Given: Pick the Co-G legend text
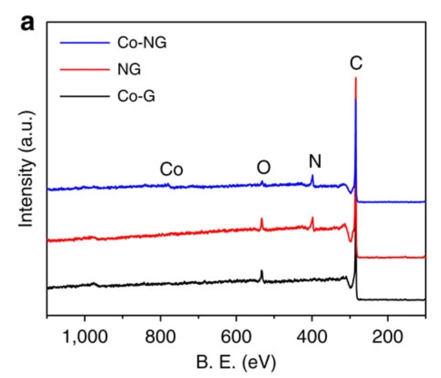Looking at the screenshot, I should [x=136, y=96].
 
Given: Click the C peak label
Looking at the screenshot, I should [x=356, y=62].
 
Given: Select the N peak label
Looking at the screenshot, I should [x=315, y=161].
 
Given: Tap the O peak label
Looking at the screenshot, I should [x=263, y=168].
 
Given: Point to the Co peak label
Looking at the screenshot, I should [x=171, y=170].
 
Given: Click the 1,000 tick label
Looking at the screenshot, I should [x=85, y=336].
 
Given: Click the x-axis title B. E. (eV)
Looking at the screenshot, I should [x=236, y=363].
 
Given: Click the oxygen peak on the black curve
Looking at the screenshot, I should [x=261, y=272].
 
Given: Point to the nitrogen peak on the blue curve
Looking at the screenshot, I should [x=312, y=176].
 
